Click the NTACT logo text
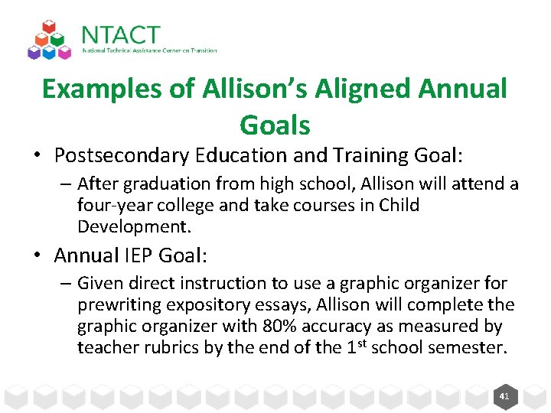[120, 35]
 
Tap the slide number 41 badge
[504, 396]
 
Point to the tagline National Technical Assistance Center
[149, 51]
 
